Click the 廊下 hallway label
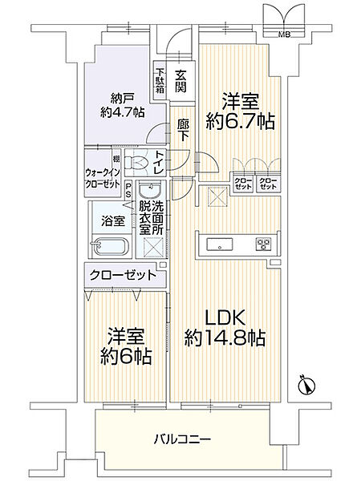point(182,131)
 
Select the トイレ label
point(161,164)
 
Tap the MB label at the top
point(283,34)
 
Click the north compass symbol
point(306,386)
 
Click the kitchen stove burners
point(263,244)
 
